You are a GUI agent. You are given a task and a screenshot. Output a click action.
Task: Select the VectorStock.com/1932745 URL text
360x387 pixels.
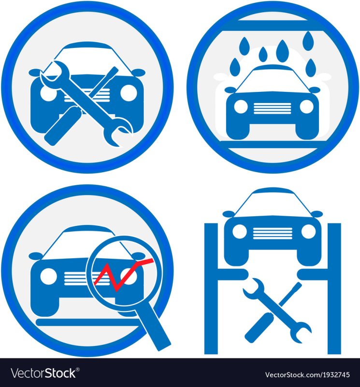[307, 374]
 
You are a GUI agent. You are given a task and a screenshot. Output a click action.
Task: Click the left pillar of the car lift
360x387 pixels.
[211, 289]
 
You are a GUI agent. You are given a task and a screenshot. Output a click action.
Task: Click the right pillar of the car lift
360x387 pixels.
[334, 289]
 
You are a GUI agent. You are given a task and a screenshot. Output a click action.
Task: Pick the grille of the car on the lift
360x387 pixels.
[273, 234]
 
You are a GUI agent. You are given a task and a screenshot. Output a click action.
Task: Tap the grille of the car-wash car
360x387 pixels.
[273, 108]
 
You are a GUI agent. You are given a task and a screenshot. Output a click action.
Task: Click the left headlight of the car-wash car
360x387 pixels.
[241, 107]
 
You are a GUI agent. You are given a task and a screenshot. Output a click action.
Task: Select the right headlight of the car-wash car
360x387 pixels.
[306, 107]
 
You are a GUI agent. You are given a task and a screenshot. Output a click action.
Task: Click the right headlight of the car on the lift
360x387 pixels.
[308, 232]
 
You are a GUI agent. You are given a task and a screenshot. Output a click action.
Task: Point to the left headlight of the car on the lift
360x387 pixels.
[239, 232]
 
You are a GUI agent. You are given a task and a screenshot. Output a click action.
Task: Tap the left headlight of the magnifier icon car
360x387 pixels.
[48, 276]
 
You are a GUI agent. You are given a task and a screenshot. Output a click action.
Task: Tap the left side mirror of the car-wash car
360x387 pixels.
[230, 89]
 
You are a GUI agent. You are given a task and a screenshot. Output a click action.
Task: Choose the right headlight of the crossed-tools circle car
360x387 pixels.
[129, 92]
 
